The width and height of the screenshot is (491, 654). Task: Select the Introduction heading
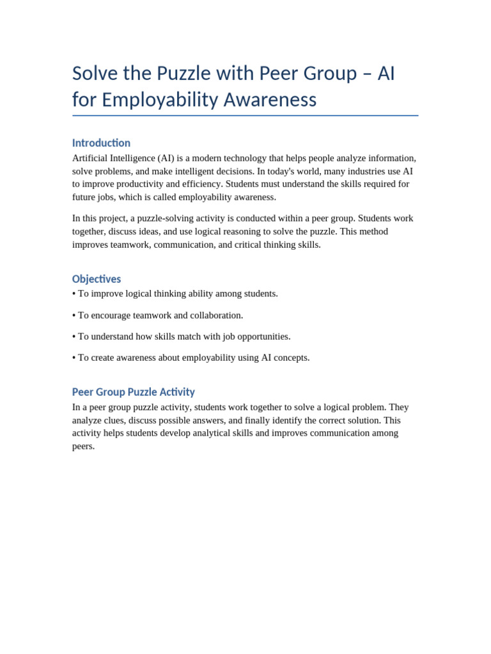[101, 143]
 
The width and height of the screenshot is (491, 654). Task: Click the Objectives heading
[97, 279]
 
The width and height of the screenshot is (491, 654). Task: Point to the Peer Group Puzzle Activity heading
[133, 392]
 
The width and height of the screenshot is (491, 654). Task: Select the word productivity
[136, 184]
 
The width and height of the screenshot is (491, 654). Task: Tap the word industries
[363, 171]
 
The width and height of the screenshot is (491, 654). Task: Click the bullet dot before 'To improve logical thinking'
[74, 294]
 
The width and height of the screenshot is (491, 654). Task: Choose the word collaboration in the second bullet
[216, 316]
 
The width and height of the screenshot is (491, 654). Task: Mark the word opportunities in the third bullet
[262, 337]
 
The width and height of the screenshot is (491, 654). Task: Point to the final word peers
[82, 446]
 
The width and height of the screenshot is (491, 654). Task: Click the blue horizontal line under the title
[245, 116]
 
